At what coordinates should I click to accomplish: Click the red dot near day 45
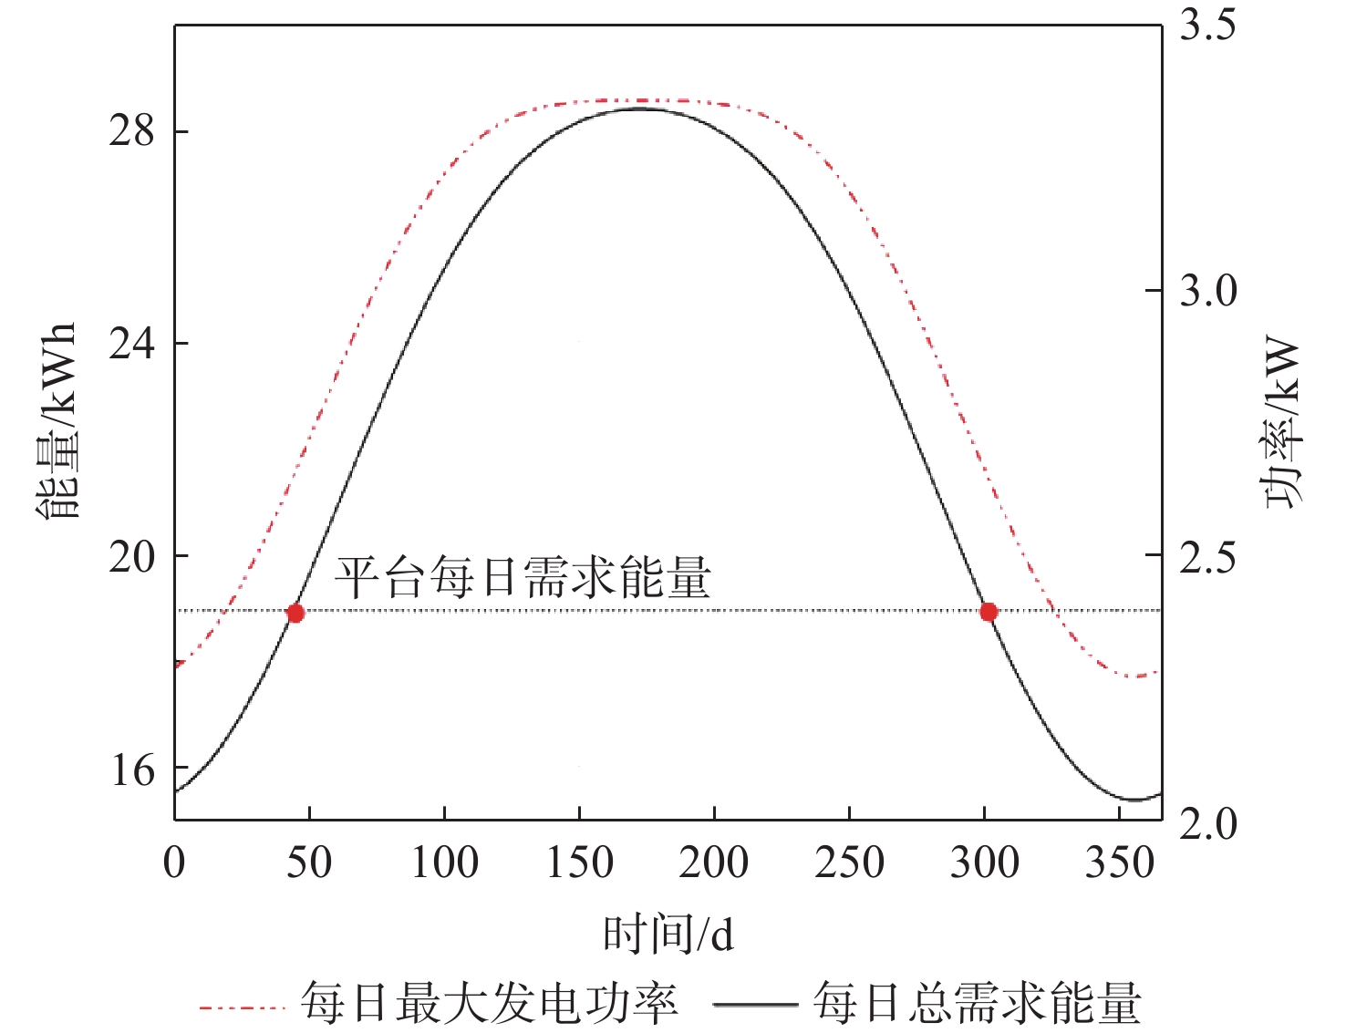295,613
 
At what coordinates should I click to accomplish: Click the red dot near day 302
989,612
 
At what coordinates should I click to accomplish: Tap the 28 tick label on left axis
132,132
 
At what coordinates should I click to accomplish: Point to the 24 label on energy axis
132,345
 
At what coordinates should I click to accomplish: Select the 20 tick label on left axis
132,556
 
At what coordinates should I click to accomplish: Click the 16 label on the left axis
132,770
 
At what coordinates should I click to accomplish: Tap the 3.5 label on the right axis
1208,25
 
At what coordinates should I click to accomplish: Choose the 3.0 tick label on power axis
1208,291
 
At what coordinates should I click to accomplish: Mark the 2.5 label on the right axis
1208,556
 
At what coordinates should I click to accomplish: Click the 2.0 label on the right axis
1208,822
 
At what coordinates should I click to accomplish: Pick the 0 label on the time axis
174,863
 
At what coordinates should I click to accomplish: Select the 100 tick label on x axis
444,863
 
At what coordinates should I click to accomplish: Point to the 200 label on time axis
714,863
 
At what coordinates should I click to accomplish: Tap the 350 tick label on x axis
1119,863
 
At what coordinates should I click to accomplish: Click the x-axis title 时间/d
668,935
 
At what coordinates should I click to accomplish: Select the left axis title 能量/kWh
57,420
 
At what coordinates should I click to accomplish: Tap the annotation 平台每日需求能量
522,577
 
